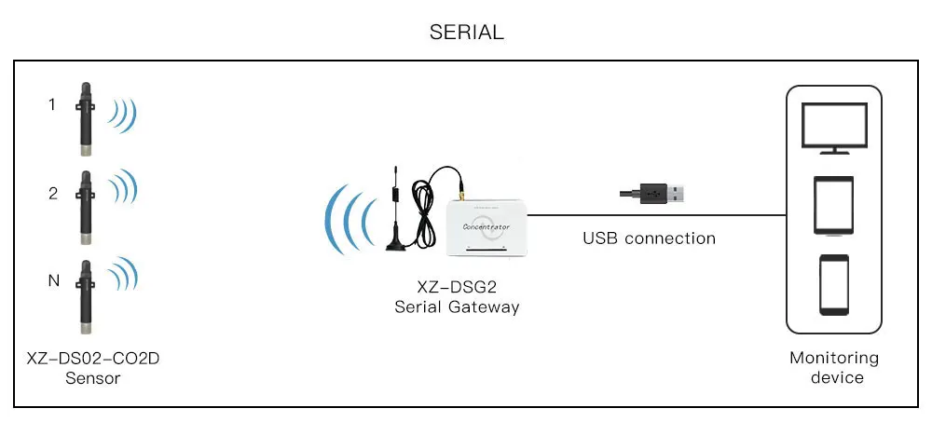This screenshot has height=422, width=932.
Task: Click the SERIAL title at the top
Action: (466, 33)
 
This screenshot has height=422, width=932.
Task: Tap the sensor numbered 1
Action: (86, 116)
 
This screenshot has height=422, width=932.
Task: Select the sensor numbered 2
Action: (86, 203)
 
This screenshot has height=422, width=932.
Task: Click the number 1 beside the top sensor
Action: (52, 104)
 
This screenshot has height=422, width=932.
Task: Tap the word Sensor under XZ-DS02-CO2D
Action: (93, 378)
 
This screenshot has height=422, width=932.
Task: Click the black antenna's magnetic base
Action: (398, 244)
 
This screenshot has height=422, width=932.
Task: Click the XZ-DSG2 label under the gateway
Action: (457, 287)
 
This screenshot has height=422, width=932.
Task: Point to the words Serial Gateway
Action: (457, 306)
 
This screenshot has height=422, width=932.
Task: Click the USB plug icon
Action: (654, 194)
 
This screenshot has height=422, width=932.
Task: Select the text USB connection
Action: (649, 238)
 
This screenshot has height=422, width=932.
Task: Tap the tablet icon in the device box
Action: (834, 205)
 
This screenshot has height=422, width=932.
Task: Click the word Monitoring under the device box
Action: (834, 358)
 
